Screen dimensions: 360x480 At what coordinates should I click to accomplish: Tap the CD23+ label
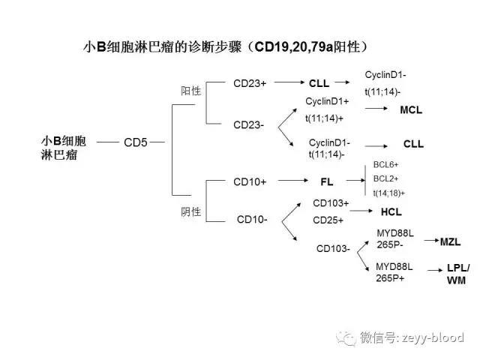click(250, 82)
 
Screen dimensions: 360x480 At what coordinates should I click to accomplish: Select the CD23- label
click(248, 124)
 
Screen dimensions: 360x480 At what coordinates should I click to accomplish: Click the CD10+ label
click(250, 181)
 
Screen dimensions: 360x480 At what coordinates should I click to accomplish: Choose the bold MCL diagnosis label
click(411, 109)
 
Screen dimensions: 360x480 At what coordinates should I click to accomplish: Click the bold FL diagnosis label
click(327, 181)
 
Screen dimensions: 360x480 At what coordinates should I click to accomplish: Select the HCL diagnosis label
click(391, 211)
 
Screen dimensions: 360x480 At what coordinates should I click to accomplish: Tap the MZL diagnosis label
click(450, 241)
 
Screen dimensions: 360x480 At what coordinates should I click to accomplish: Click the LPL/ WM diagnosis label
click(457, 274)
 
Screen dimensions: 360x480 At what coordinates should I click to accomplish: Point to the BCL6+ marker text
click(385, 164)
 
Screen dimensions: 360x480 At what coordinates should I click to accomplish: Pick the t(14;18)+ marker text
click(388, 192)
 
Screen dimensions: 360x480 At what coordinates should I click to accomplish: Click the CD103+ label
click(331, 202)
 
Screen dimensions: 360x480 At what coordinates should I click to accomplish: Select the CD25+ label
click(328, 220)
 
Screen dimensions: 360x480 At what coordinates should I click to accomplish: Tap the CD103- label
click(333, 248)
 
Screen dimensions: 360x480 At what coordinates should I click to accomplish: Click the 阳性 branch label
click(191, 91)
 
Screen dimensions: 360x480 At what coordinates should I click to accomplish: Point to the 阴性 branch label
click(191, 211)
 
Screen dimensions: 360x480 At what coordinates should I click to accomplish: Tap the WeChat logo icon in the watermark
click(346, 337)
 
